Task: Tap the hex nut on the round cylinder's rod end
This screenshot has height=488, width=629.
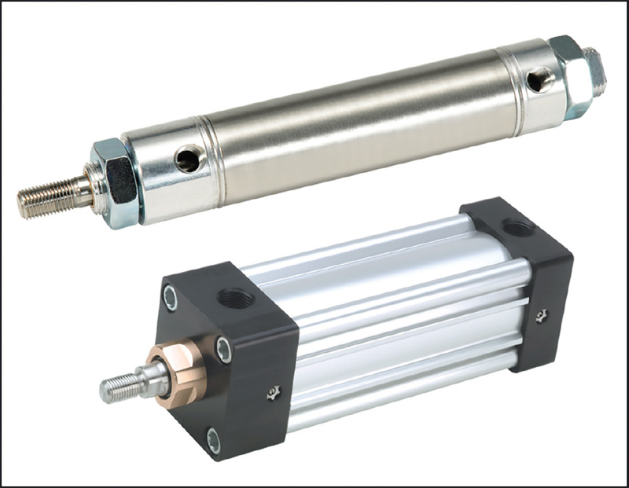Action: (118, 182)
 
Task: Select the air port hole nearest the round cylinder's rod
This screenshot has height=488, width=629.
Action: (189, 160)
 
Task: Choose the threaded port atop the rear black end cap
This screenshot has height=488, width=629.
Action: (517, 229)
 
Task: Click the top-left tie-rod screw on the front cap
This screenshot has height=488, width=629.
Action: (171, 297)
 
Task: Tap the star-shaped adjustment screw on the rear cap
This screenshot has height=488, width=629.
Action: (542, 315)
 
